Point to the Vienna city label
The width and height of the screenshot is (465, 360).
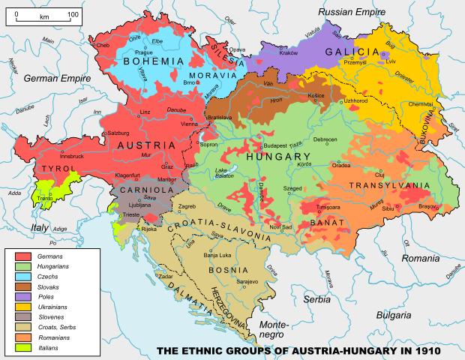pos(190,124)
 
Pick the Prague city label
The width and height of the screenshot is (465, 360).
pos(144,52)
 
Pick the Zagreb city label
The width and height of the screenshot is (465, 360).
pos(186,207)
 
